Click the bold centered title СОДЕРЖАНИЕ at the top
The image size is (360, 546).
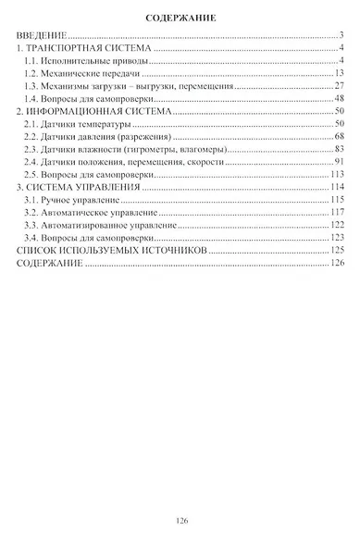coord(180,18)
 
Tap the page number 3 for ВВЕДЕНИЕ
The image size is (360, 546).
coord(341,35)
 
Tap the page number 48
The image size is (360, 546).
coord(340,98)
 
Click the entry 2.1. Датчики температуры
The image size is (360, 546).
coord(80,123)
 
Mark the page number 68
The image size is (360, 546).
coord(340,136)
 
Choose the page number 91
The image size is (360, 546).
coord(340,161)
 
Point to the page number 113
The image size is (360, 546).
coord(338,174)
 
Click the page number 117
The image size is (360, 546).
coord(338,212)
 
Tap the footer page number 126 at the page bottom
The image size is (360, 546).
coord(180,521)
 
